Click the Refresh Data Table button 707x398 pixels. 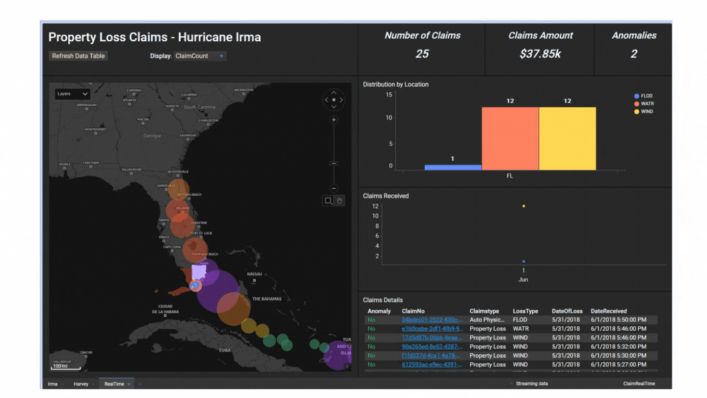[x=79, y=56]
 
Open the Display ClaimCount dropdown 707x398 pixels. [x=200, y=56]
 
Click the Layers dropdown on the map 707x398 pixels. [x=73, y=94]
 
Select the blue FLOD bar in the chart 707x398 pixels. [x=453, y=167]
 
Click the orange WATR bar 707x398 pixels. [x=510, y=139]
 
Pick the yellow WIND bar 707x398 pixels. [x=568, y=139]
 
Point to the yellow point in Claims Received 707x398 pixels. [x=524, y=206]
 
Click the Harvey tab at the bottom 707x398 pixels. [x=81, y=384]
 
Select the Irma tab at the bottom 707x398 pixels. [x=53, y=384]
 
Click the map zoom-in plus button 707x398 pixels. [x=334, y=120]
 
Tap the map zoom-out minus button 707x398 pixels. [x=334, y=188]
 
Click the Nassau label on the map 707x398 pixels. [x=254, y=274]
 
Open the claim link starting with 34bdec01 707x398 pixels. [x=432, y=320]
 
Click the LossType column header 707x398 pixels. [x=525, y=311]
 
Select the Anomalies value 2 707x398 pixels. [x=633, y=54]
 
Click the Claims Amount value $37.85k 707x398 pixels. [x=540, y=54]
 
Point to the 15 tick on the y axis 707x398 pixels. [x=389, y=94]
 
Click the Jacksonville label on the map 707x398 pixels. [x=178, y=171]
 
